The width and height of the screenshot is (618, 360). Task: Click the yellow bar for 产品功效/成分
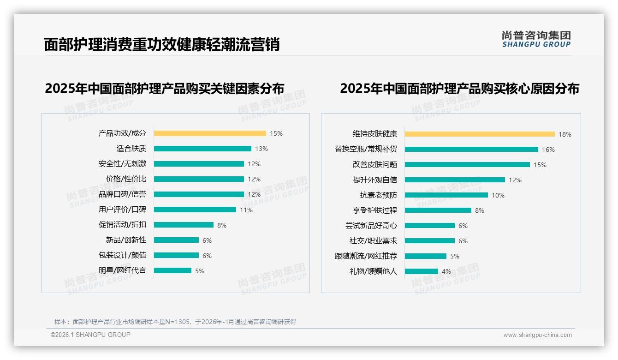[x=210, y=133]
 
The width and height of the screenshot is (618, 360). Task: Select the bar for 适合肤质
[x=202, y=149]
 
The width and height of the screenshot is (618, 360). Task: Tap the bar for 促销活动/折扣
[x=184, y=225]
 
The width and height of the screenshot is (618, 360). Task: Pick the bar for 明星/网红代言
[x=172, y=270]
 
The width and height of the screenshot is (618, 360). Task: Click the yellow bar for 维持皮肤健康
[x=480, y=134]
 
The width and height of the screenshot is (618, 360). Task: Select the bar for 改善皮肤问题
[x=467, y=165]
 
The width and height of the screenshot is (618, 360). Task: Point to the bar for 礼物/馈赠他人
[x=422, y=271]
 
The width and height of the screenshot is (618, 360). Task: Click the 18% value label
[x=565, y=135]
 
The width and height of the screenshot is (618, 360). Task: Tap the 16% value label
[x=548, y=150]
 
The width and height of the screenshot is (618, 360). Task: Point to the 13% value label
[x=261, y=149]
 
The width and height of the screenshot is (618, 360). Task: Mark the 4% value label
[x=446, y=272]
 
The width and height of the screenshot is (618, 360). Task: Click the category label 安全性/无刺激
[x=122, y=164]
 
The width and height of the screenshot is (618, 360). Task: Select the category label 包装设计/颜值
[x=122, y=255]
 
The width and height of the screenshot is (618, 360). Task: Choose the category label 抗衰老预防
[x=378, y=195]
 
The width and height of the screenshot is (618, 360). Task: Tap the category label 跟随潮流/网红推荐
[x=366, y=256]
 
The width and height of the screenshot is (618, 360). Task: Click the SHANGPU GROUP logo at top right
[x=536, y=39]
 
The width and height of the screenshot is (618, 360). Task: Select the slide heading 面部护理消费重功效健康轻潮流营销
[x=162, y=45]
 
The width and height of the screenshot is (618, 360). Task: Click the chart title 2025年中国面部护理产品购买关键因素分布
[x=164, y=89]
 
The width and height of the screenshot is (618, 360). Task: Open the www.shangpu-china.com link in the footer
[x=537, y=335]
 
